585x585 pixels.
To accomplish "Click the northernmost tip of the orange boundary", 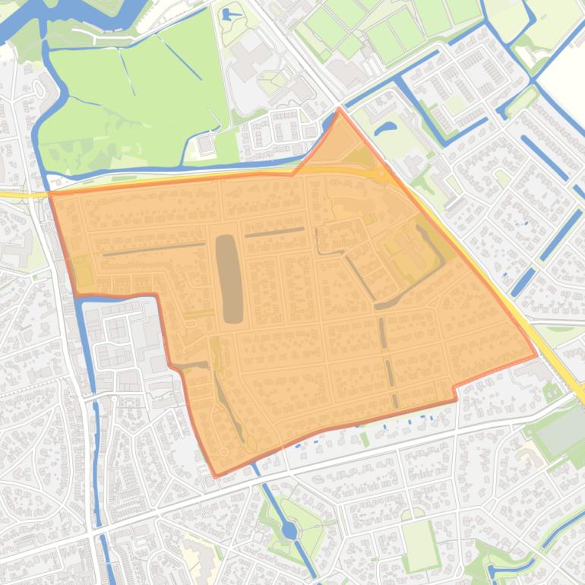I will [x=339, y=109].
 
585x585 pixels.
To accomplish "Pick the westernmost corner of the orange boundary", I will [x=50, y=194].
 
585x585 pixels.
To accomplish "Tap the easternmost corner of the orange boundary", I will [x=537, y=354].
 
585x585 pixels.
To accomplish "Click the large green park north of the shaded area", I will [x=144, y=91].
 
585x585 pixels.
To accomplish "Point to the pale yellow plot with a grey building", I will [x=199, y=558].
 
